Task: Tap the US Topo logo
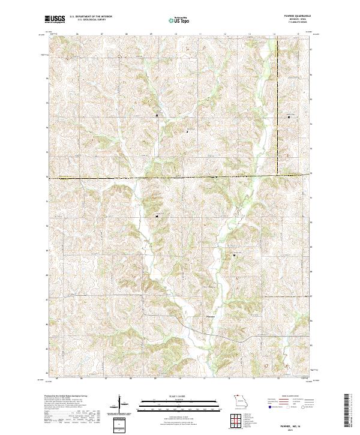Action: (x=180, y=20)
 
